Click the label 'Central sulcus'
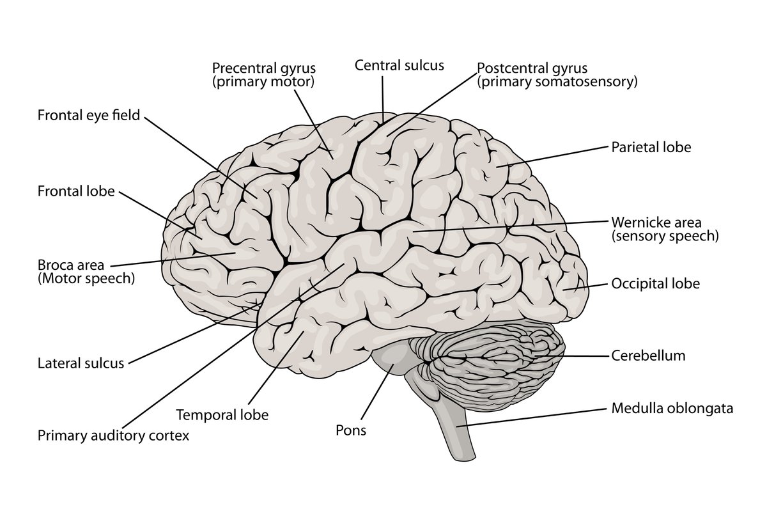click(x=399, y=65)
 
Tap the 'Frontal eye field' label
click(x=88, y=116)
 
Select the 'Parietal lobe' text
click(x=651, y=147)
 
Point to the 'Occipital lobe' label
click(x=655, y=283)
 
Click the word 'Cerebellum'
click(x=648, y=356)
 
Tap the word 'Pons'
click(x=351, y=430)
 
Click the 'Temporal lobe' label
click(x=222, y=414)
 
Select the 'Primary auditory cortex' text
click(x=113, y=435)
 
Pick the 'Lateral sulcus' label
click(x=81, y=364)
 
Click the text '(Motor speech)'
click(x=86, y=278)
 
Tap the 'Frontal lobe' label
click(x=76, y=191)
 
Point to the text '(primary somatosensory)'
click(x=557, y=81)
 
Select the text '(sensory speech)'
click(x=665, y=236)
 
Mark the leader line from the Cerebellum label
click(x=585, y=356)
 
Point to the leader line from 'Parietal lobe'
click(x=550, y=157)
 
